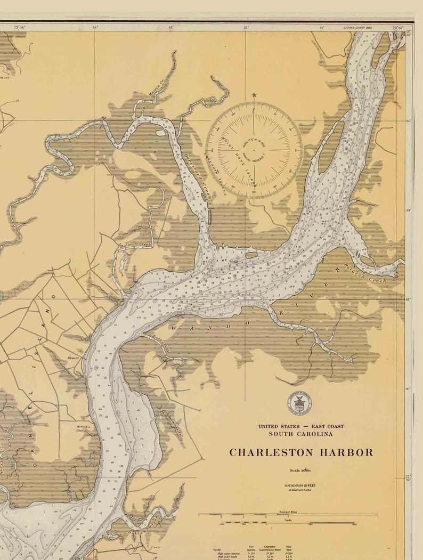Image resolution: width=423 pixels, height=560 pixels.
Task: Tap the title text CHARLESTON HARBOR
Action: click(301, 452)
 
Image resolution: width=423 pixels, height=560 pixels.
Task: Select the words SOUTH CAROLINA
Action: click(301, 434)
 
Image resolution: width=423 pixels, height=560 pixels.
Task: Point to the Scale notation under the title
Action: click(301, 470)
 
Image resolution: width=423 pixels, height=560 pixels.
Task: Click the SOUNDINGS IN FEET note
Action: click(301, 486)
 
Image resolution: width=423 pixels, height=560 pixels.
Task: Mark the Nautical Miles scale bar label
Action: click(288, 512)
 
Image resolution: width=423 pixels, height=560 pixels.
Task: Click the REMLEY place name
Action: click(73, 358)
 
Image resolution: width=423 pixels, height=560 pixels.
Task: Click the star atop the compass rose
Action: click(254, 95)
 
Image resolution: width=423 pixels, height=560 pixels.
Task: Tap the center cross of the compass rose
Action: click(254, 150)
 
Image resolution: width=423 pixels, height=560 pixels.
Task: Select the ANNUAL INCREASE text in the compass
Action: click(266, 152)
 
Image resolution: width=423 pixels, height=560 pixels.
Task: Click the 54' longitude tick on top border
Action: click(95, 27)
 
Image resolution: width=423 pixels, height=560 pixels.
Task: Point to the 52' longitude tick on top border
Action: click(246, 27)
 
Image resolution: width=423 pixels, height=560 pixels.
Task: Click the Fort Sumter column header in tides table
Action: click(251, 548)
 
